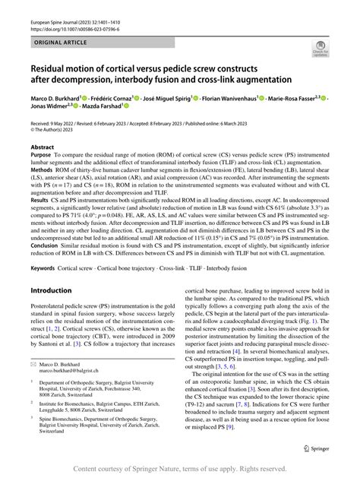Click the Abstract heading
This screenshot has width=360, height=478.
pyautogui.click(x=42, y=147)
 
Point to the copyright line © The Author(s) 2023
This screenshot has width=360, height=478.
pyautogui.click(x=59, y=129)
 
